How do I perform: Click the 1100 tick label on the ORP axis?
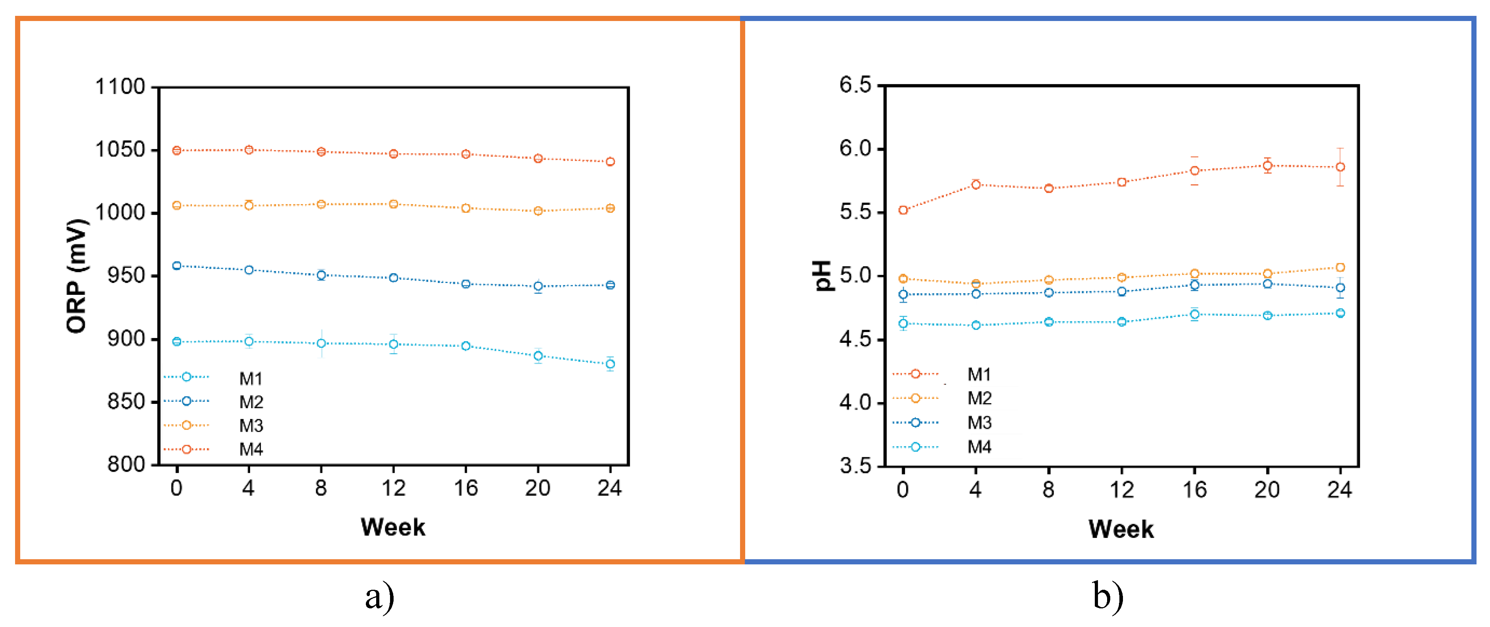tap(120, 87)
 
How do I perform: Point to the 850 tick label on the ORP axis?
tap(126, 401)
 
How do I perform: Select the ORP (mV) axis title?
tap(77, 276)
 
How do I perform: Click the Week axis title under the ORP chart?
tap(393, 527)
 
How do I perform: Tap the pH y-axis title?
tap(822, 275)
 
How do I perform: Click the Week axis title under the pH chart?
tap(1121, 529)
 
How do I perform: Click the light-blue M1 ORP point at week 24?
tap(610, 364)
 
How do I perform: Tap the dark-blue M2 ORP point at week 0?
tap(177, 266)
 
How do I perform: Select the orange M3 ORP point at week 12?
tap(393, 204)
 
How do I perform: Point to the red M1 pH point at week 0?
tap(903, 210)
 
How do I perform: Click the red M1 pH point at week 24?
tap(1340, 167)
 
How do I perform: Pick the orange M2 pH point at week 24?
tap(1340, 267)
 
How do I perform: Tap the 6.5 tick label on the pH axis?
tap(855, 85)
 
